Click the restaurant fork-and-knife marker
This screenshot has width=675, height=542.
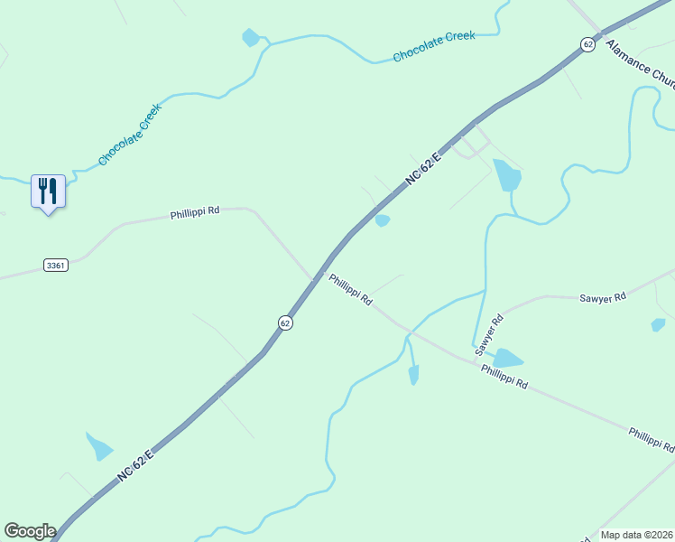[x=48, y=192]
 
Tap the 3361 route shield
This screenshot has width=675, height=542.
[x=55, y=265]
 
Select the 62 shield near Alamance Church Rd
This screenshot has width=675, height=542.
[x=587, y=44]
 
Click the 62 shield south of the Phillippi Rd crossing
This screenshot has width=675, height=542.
[x=285, y=322]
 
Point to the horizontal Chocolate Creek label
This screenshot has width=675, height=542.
[x=433, y=47]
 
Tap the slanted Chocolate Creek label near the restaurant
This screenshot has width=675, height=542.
[x=130, y=135]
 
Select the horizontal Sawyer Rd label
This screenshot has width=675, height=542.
[x=602, y=297]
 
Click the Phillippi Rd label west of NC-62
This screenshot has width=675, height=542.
[x=195, y=214]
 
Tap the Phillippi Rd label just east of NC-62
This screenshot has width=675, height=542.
[x=350, y=290]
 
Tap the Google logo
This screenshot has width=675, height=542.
[x=30, y=530]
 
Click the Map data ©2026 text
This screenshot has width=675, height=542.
[x=636, y=535]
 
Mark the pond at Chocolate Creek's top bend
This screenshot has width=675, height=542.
[x=251, y=38]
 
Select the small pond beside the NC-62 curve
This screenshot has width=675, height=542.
[x=383, y=220]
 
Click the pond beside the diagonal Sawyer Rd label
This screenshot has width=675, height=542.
[x=507, y=359]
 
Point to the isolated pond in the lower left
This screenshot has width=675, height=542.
[x=99, y=446]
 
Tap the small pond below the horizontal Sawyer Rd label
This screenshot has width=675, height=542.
[x=658, y=325]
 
